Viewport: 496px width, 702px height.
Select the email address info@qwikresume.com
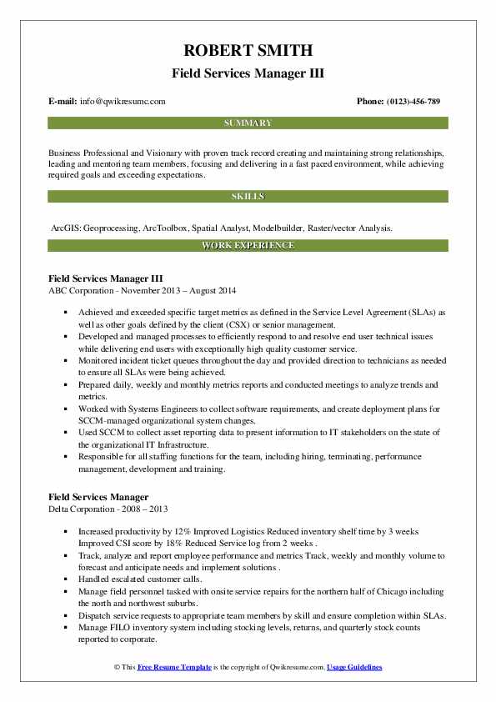(x=123, y=101)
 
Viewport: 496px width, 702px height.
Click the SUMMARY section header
(x=248, y=123)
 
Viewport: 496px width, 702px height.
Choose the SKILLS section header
(x=248, y=197)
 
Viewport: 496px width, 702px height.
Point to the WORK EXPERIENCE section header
(x=248, y=246)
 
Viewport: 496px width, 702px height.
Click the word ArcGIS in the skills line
(x=66, y=227)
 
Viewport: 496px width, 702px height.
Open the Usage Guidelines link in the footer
(x=354, y=668)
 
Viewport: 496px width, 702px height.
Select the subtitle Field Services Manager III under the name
(x=248, y=73)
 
